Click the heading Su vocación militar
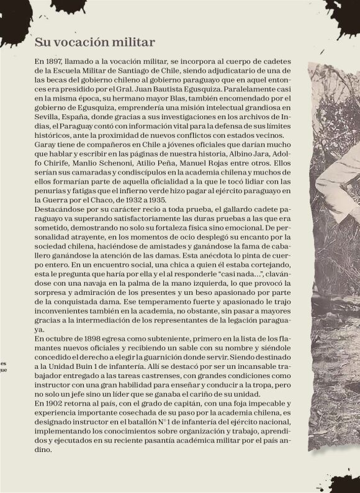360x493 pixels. pos(94,42)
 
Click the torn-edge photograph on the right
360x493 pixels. pos(335,248)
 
